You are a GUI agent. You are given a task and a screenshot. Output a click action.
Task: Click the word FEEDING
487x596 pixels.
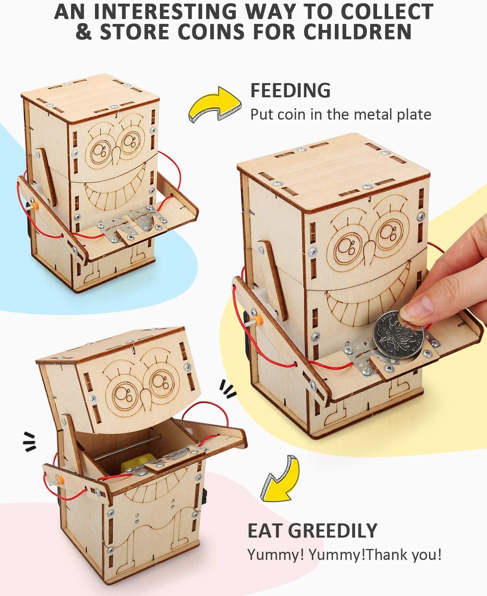tap(290, 90)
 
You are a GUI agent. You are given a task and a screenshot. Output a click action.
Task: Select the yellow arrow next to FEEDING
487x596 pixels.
tap(213, 104)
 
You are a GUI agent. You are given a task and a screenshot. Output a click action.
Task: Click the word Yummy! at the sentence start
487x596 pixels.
tap(276, 555)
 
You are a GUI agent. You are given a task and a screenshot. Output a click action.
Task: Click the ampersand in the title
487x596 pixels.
tap(84, 32)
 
